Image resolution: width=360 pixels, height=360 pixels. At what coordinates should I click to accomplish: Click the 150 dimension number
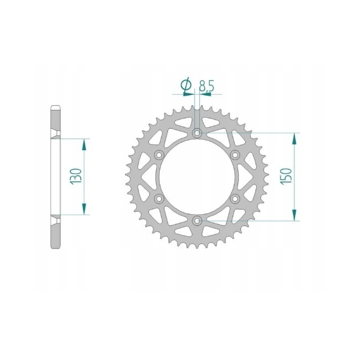pos(286,175)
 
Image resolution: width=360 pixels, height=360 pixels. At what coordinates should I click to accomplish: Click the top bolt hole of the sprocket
pos(197,133)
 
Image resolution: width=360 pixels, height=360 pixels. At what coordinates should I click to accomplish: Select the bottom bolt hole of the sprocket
pos(197,221)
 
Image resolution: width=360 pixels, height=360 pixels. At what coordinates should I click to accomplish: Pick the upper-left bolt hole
pos(159,155)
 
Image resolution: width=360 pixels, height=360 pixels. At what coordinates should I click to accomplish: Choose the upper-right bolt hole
pos(235,155)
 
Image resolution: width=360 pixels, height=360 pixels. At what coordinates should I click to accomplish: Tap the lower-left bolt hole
pos(159,199)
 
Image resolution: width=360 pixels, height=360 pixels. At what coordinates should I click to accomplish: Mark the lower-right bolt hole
pos(235,199)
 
